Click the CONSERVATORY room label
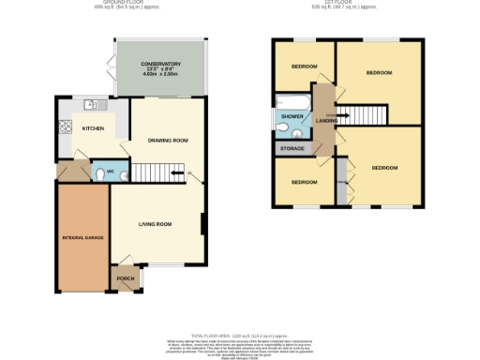[160, 64]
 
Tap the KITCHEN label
[93, 128]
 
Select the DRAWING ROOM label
[168, 141]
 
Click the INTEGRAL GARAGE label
[82, 238]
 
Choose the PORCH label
[125, 278]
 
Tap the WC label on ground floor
[110, 172]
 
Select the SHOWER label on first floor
[288, 117]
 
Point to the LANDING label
[326, 120]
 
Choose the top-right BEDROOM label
[379, 72]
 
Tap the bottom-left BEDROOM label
[304, 181]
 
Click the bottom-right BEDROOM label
[384, 168]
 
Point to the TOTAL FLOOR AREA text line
[240, 335]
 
